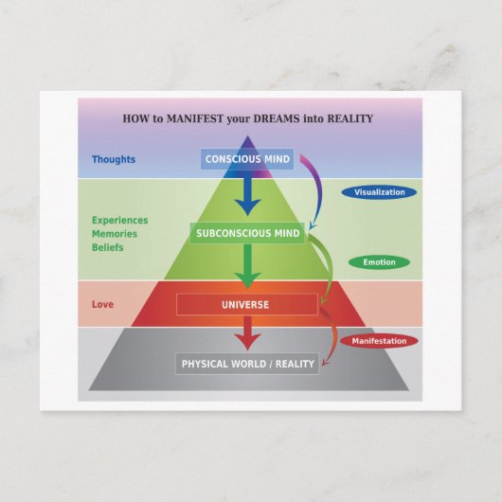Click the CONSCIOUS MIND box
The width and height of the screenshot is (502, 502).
pos(247,159)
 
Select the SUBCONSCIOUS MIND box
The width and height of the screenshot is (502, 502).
pos(247,233)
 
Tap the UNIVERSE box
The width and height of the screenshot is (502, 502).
pos(247,304)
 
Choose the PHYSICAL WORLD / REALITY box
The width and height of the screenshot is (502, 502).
pos(247,364)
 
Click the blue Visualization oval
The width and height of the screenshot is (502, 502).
pos(379,192)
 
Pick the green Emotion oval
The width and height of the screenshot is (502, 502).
pos(379,262)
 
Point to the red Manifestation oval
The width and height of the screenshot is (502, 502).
pos(379,341)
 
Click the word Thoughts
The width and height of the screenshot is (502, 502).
pos(114,159)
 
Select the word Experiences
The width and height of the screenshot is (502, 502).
pos(120,221)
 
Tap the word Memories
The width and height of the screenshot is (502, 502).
pos(115,234)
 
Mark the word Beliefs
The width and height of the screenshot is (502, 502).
pos(108,247)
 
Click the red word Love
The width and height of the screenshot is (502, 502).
pos(103,304)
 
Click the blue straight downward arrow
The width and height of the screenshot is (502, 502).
pos(247,193)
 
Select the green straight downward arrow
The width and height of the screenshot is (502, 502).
pos(247,266)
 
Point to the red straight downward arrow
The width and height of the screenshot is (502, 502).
pos(247,333)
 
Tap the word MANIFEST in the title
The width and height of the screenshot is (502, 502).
pos(195,118)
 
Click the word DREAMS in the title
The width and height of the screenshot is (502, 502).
pos(277,118)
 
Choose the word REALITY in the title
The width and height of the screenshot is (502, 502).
pos(350,118)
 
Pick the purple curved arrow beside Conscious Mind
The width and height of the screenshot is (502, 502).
pos(319,188)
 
